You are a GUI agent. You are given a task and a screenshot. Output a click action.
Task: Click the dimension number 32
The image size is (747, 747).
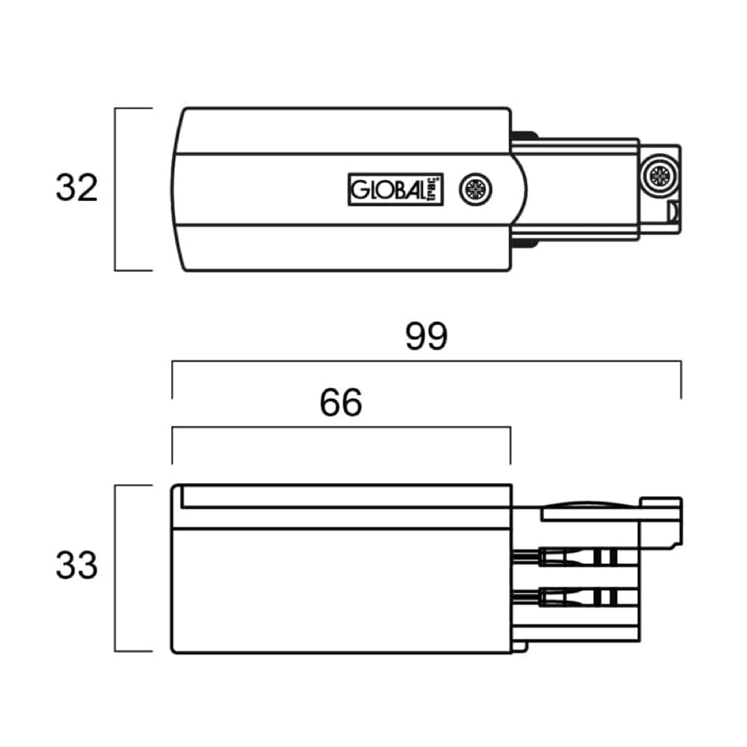[x=77, y=187]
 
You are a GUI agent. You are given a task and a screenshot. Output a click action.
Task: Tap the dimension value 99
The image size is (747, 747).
[x=426, y=336]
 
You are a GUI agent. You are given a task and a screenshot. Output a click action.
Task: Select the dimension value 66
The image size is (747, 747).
[x=341, y=402]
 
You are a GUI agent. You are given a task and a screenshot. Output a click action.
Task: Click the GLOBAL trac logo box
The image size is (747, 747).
[x=395, y=189]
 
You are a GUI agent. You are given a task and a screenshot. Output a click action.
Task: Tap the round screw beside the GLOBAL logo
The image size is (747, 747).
[x=475, y=190]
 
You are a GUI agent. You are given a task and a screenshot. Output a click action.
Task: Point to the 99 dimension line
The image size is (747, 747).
[x=426, y=361]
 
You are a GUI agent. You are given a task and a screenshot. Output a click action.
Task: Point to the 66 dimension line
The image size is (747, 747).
[x=341, y=427]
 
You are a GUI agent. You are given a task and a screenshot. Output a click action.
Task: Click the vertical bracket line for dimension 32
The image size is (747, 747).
[x=115, y=189]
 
